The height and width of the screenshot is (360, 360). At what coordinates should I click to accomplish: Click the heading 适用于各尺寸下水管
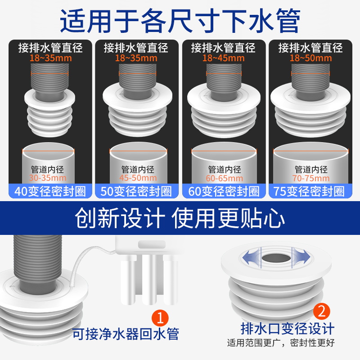coord(180,20)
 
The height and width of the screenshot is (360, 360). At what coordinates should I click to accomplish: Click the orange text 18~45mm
coord(223,58)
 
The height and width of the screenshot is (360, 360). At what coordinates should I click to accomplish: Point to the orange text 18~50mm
coord(310,58)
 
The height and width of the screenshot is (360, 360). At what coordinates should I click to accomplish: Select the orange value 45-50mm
coord(136,178)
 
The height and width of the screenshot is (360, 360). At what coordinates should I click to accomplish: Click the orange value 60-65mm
coord(223,178)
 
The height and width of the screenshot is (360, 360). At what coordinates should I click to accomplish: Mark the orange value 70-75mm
coord(310,178)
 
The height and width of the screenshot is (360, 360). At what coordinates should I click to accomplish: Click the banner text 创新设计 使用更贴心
coord(180,219)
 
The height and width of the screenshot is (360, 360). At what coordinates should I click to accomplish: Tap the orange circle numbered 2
coord(321,310)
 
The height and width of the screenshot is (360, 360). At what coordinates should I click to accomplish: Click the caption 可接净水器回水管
coord(126,333)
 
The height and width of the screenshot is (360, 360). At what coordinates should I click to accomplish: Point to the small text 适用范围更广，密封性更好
coord(281,343)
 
